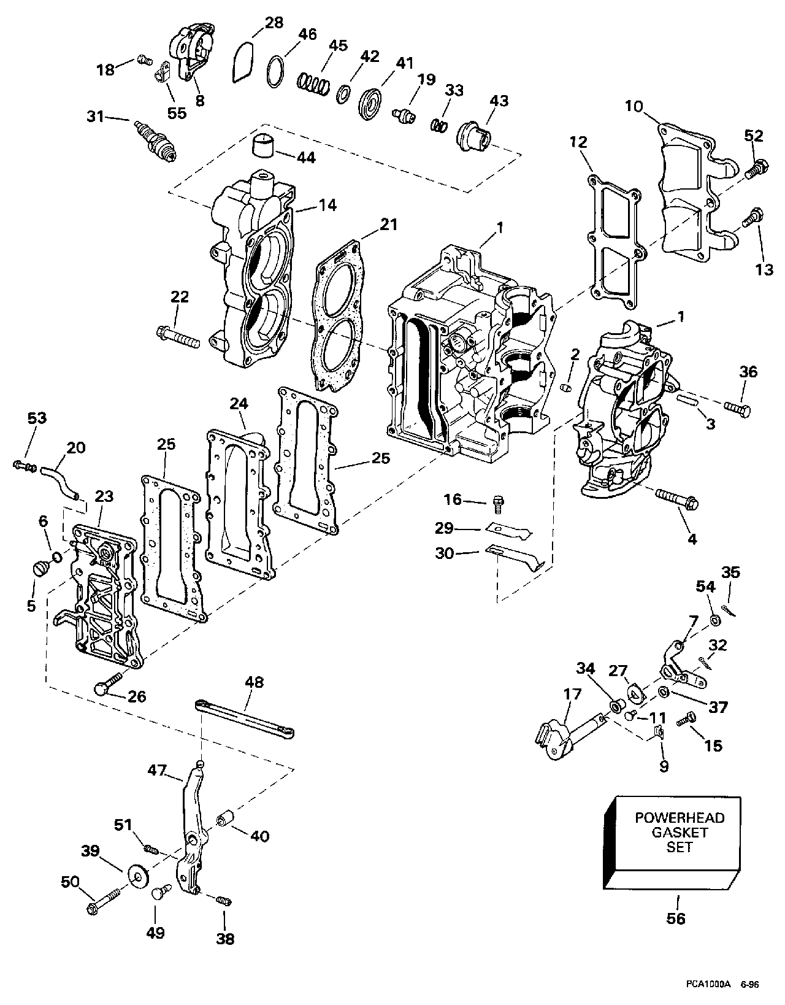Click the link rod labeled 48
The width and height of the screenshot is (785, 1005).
245,716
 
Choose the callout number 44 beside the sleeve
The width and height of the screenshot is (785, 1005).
305,158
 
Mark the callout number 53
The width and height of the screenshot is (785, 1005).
37,418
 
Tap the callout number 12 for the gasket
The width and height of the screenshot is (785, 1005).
578,142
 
